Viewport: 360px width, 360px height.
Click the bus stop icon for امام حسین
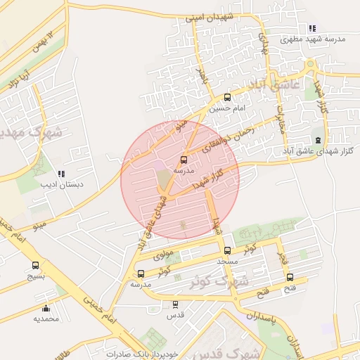coord(226,98)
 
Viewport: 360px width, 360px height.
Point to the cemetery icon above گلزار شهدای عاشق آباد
coord(317,141)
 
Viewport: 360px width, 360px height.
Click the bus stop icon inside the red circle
coord(184,160)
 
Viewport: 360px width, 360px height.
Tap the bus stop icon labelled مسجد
coord(226,250)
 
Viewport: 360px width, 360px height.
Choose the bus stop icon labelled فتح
coord(290,277)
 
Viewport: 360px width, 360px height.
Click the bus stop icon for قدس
coord(176,304)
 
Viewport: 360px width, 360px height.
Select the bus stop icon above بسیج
coord(35,265)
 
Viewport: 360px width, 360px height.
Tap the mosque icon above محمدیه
coord(46,308)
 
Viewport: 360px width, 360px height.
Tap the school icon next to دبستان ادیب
coord(61,173)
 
